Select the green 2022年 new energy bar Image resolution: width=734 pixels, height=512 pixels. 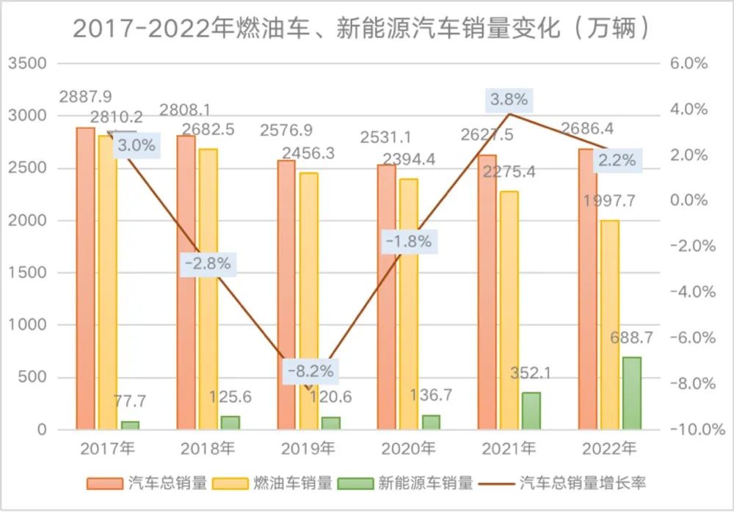[631, 393]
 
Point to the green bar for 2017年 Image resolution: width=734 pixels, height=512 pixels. [130, 425]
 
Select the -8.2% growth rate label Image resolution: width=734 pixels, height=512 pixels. [311, 371]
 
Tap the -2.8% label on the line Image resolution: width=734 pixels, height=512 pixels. [208, 263]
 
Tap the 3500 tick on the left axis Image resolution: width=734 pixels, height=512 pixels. [27, 64]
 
